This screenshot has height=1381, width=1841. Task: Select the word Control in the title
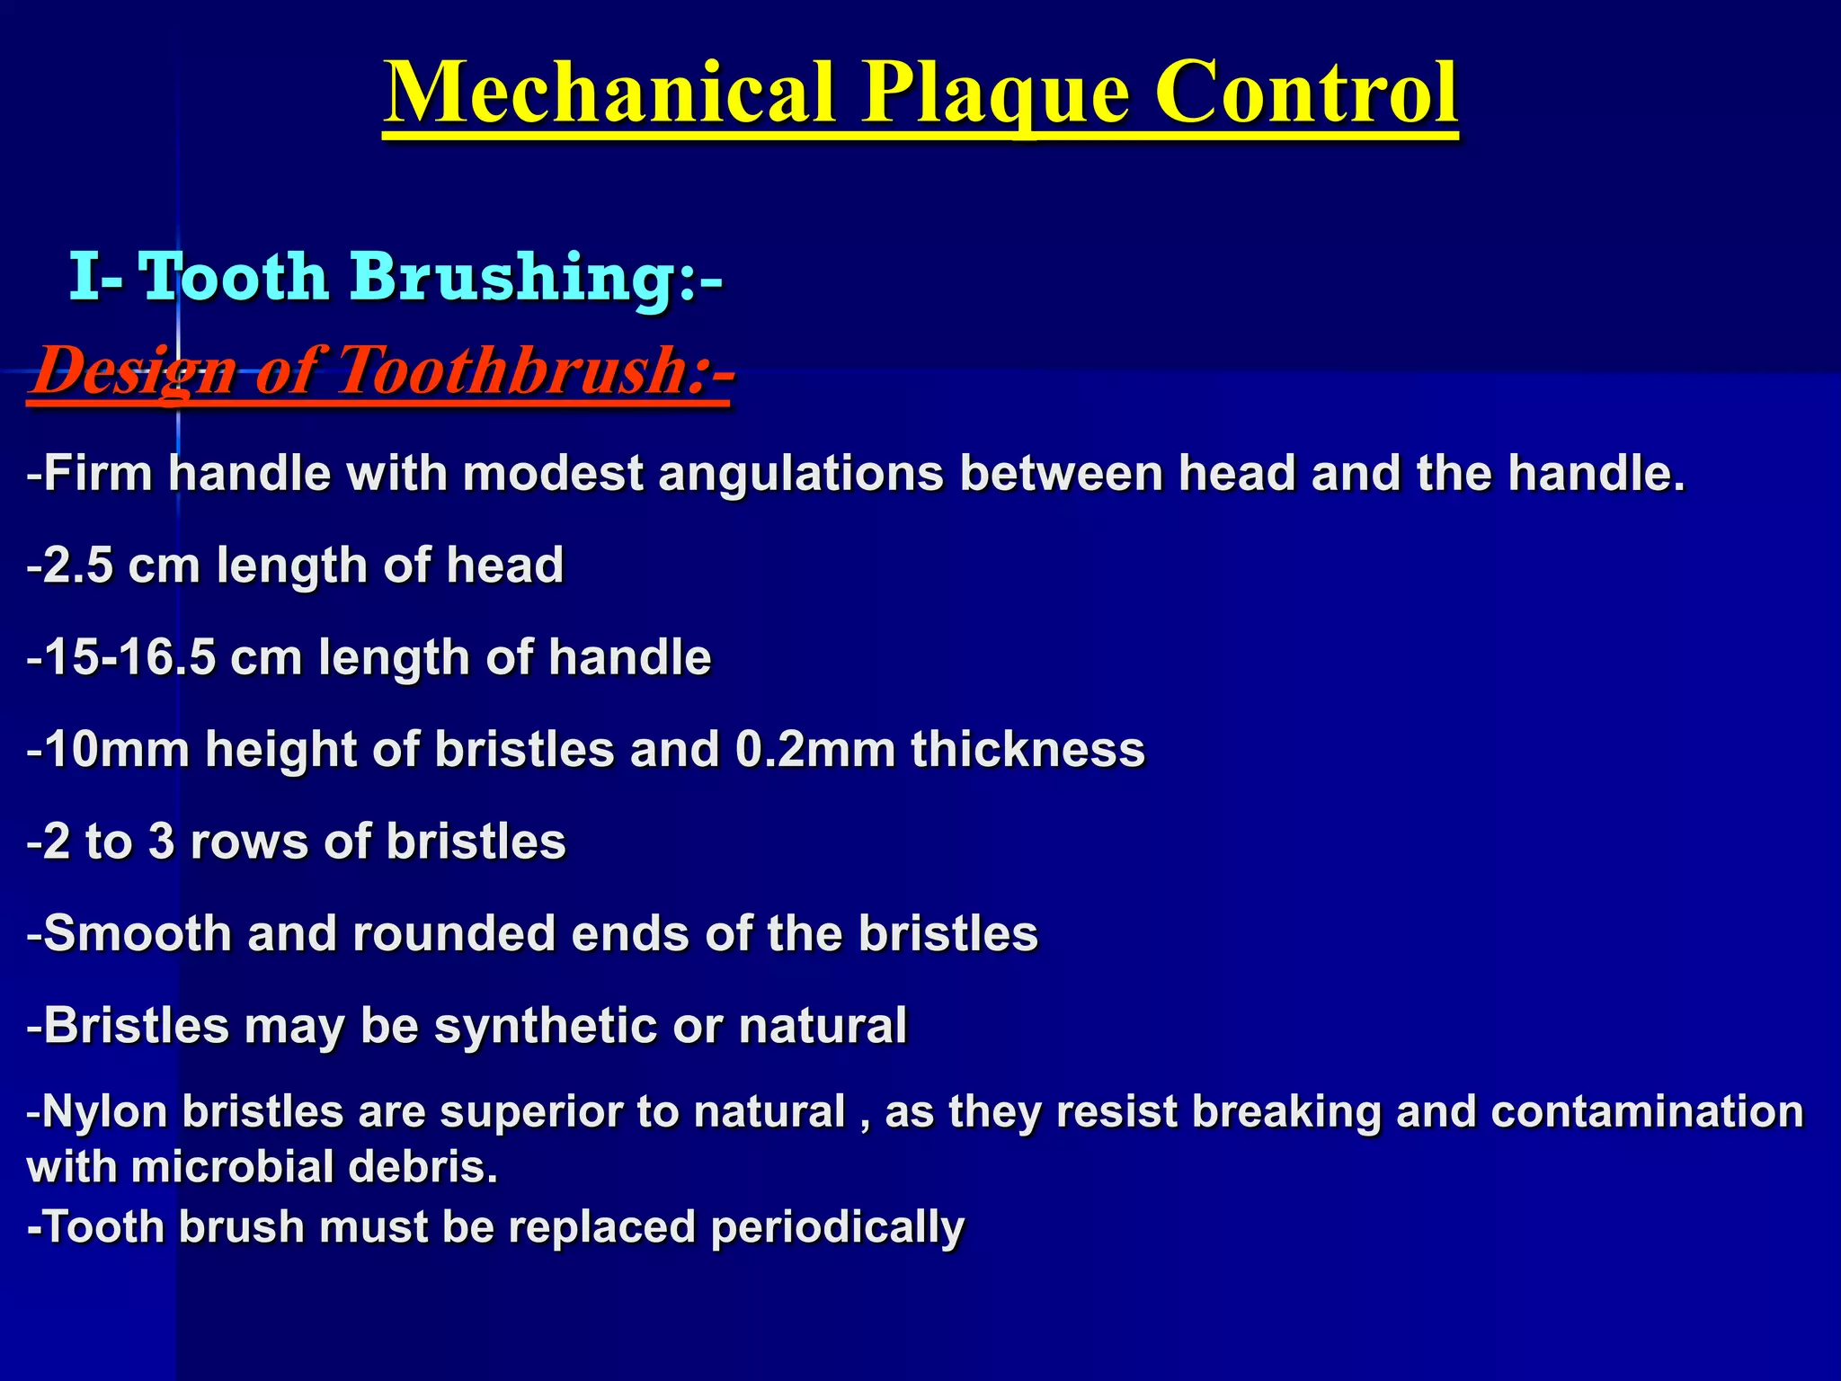[x=1305, y=94]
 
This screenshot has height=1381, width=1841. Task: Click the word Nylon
[x=104, y=1111]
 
